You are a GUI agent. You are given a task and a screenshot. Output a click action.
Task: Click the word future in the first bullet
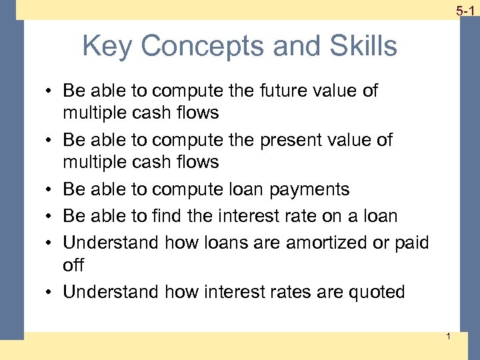[258, 91]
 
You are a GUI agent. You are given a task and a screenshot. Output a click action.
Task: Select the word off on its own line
[73, 265]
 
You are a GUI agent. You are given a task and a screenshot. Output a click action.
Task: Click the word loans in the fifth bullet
[216, 243]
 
